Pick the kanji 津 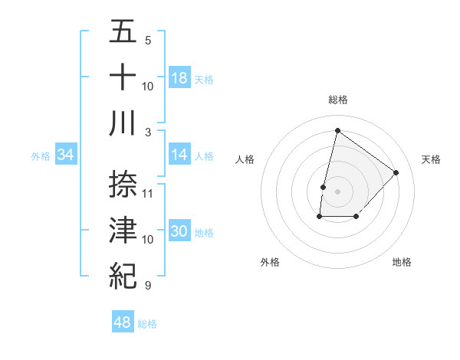[123, 230]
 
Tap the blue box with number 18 [179, 78]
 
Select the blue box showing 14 [179, 155]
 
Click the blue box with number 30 [179, 232]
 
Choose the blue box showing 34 [66, 155]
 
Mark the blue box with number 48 [123, 322]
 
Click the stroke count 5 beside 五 [148, 40]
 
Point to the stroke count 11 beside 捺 [149, 192]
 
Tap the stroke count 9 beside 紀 [148, 286]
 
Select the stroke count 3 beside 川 [148, 132]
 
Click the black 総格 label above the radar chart [337, 100]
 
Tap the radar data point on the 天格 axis [396, 172]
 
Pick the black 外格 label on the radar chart [270, 262]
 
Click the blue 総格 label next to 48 [147, 324]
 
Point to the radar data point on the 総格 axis [337, 130]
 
